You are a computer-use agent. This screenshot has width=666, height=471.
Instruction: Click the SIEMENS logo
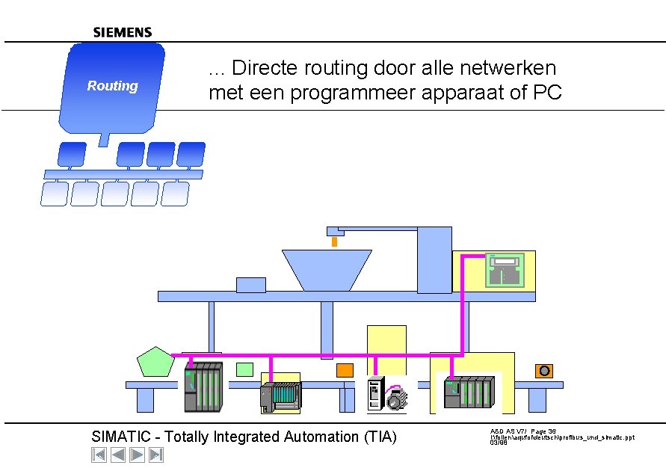tap(123, 32)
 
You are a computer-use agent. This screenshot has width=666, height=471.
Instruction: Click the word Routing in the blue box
tap(112, 86)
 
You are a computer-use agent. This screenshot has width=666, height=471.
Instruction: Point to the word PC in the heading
tap(546, 93)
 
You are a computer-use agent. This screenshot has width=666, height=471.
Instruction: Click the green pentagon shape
tap(155, 363)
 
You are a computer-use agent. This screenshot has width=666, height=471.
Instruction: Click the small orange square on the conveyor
tap(345, 370)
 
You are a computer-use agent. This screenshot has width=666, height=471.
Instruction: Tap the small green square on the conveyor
tap(244, 369)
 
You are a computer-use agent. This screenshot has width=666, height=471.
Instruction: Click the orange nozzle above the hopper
tap(334, 241)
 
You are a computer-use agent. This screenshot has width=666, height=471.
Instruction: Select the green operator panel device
tap(505, 270)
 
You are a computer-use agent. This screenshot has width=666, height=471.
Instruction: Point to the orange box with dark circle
tap(544, 371)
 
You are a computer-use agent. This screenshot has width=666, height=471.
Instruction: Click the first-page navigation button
tap(99, 454)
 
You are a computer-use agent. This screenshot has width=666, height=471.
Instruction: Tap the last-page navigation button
tap(156, 454)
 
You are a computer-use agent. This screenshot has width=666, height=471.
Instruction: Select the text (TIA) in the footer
tap(379, 437)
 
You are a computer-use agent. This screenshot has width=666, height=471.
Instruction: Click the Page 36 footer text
tap(543, 431)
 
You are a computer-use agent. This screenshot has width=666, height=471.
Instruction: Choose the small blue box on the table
tap(250, 284)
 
